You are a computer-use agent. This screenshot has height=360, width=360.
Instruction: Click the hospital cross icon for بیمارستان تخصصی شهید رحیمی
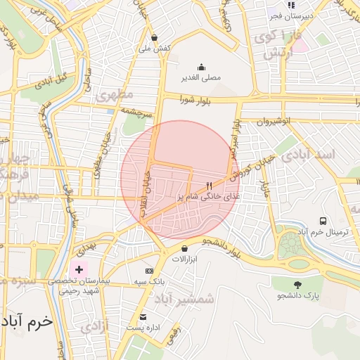click(x=79, y=269)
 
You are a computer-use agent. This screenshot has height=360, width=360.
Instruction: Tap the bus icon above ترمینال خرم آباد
click(x=323, y=221)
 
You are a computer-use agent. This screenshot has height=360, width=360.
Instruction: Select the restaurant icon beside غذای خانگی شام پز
click(x=209, y=186)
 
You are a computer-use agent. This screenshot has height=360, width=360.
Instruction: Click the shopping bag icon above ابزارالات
click(x=184, y=248)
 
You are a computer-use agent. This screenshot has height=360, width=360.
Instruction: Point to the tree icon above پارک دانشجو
click(x=297, y=285)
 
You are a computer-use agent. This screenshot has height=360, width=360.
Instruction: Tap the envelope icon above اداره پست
click(x=143, y=317)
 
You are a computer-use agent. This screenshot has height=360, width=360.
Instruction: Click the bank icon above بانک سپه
click(x=149, y=271)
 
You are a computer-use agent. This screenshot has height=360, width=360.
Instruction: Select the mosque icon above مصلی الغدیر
click(x=202, y=67)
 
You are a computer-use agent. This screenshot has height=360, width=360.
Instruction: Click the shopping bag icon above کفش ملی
click(x=154, y=38)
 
